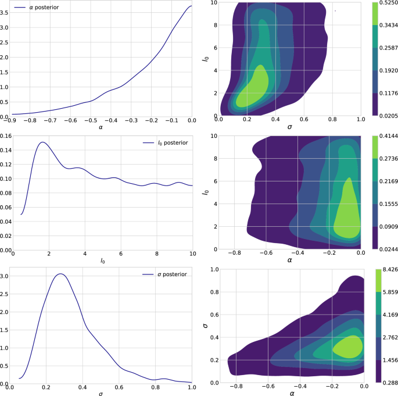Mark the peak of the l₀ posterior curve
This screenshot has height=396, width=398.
point(42,142)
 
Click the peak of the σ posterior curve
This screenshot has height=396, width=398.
point(60,273)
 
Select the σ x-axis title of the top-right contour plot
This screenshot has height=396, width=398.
point(289,128)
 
